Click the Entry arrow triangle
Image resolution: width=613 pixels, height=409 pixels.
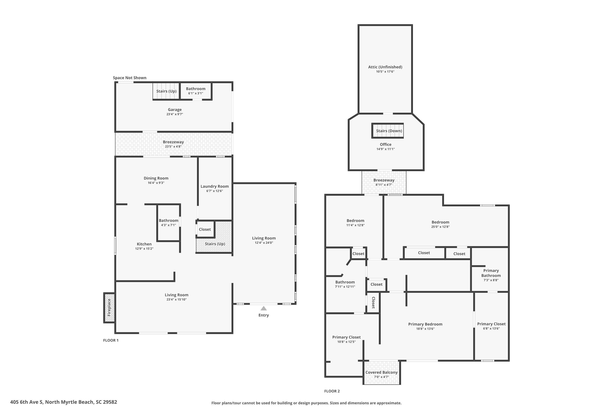point(264,308)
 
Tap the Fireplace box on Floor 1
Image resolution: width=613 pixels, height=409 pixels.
point(109,308)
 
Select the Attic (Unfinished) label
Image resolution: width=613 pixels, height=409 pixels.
point(385,67)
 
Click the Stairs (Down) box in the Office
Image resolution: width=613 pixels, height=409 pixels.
point(388,131)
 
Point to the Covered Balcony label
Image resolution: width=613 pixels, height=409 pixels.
point(381,372)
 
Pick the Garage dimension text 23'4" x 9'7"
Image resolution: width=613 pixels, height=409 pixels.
point(175,114)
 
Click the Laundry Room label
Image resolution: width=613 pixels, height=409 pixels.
point(215,186)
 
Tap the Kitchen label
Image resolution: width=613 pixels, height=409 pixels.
point(144,244)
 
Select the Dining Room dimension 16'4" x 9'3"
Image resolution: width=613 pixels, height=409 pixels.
point(156,183)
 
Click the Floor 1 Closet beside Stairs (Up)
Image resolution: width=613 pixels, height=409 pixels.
point(205,229)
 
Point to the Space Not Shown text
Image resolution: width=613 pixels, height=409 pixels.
point(130,78)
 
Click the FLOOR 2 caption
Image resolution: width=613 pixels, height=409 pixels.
point(332,391)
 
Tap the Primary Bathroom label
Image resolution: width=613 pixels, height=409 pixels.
point(491,273)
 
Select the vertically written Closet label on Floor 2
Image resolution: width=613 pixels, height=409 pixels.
point(373,303)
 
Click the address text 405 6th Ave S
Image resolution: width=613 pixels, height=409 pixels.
point(26,402)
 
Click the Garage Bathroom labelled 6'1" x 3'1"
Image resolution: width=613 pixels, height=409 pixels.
point(196,91)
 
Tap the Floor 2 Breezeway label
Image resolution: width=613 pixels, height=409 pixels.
point(384,180)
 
